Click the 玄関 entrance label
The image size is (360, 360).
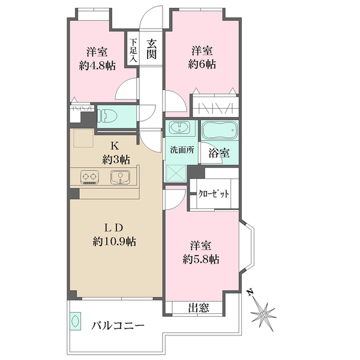[x=152, y=49]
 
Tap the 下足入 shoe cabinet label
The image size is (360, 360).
[x=133, y=50]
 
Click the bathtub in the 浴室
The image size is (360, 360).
[x=220, y=130]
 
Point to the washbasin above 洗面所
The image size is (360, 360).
[x=181, y=128]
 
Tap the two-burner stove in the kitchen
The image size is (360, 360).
[x=89, y=177]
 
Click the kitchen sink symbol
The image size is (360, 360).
[x=120, y=177]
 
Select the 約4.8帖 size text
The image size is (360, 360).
[x=97, y=66]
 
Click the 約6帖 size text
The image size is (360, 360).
[x=202, y=65]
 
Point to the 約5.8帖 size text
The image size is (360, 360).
[x=201, y=259]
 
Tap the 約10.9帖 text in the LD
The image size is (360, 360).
[x=114, y=242]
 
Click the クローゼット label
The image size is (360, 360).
[x=214, y=194]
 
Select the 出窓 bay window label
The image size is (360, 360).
[x=199, y=308]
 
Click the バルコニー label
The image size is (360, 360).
[x=118, y=326]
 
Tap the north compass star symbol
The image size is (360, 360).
[x=263, y=314]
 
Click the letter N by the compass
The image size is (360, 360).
[x=250, y=292]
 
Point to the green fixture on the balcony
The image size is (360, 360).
[x=76, y=321]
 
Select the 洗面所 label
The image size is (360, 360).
[x=182, y=150]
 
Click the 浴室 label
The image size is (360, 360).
[x=219, y=153]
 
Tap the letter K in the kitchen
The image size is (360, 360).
[x=114, y=145]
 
